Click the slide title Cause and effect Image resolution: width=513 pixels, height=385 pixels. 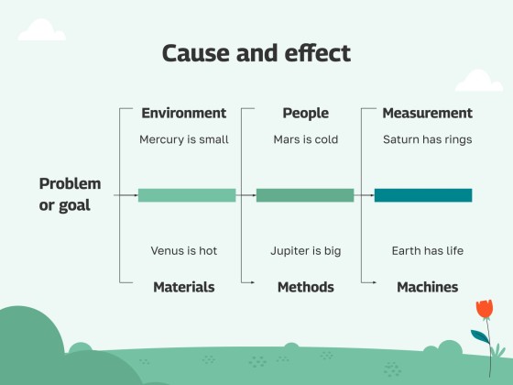256,53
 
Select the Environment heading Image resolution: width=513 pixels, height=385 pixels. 183,114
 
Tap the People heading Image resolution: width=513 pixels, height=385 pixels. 305,114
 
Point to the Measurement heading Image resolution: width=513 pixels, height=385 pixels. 427,114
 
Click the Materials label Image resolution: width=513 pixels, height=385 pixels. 183,287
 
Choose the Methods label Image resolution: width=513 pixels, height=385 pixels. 305,287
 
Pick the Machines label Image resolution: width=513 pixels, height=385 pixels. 427,287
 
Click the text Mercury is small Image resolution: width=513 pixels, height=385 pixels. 183,140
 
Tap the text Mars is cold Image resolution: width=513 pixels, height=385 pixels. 305,140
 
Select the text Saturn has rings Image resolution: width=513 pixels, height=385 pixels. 427,140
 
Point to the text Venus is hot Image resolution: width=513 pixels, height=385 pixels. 183,250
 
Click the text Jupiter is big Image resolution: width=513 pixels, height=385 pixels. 305,250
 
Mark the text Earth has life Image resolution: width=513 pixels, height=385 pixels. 427,250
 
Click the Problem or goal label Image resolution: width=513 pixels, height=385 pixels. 70,194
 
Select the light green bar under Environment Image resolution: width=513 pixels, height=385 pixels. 187,195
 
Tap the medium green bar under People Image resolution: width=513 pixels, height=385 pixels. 305,195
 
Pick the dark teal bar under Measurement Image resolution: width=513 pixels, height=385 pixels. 423,195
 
